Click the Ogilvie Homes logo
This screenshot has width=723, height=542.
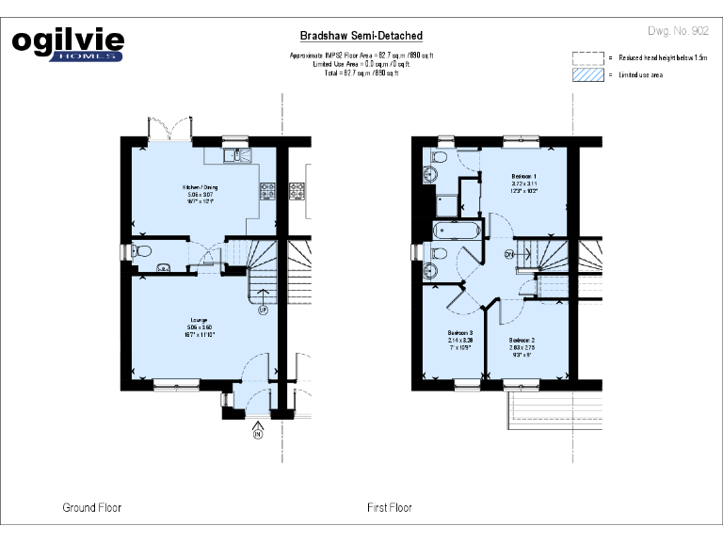click(x=67, y=44)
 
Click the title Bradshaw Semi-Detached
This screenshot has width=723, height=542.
click(x=361, y=36)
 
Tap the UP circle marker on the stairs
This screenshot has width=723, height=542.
click(x=264, y=309)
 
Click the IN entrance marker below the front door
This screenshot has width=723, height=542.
click(x=257, y=434)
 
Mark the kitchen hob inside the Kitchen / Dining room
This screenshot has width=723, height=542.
click(x=266, y=189)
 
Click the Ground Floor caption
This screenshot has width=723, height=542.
click(x=91, y=508)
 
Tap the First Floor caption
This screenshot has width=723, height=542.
click(x=389, y=508)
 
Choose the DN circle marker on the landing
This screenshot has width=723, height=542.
click(x=509, y=254)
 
